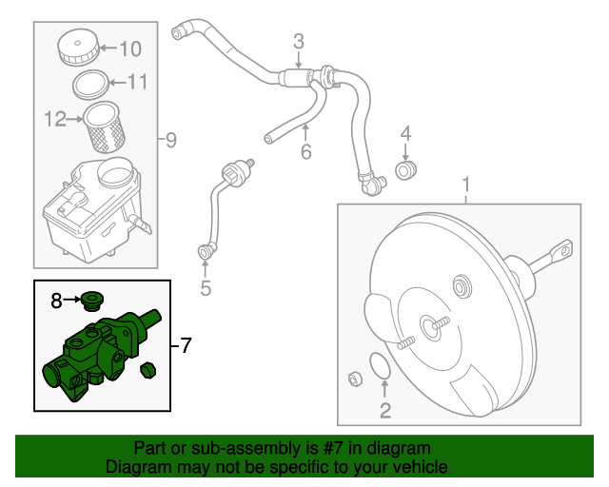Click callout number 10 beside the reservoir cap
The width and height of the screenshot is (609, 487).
click(129, 49)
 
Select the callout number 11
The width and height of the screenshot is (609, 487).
click(138, 83)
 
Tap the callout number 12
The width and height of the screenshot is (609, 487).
click(54, 120)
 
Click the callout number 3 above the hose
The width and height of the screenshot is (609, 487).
click(298, 41)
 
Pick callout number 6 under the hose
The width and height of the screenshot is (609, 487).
click(305, 151)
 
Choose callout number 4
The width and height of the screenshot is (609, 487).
click(405, 133)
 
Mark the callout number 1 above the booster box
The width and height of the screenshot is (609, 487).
click(466, 183)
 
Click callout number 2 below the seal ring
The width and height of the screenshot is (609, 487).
click(385, 411)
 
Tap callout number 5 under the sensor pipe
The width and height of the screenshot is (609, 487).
click(205, 287)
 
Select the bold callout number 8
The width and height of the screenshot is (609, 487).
click(57, 302)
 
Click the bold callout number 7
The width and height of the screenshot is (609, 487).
click(186, 343)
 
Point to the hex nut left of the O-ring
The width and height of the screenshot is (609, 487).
click(355, 380)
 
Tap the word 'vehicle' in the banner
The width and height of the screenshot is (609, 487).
click(420, 467)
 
